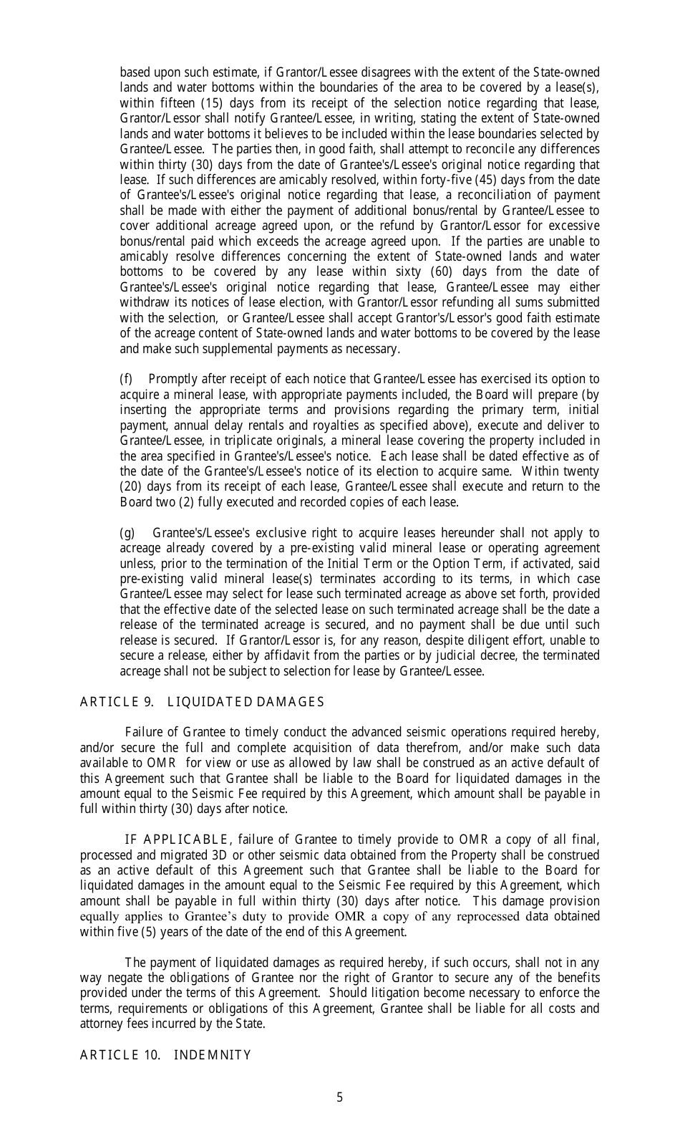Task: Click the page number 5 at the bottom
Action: tap(339, 1097)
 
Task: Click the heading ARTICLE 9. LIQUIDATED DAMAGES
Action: tap(202, 702)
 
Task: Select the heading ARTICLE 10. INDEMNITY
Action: tap(165, 1054)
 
